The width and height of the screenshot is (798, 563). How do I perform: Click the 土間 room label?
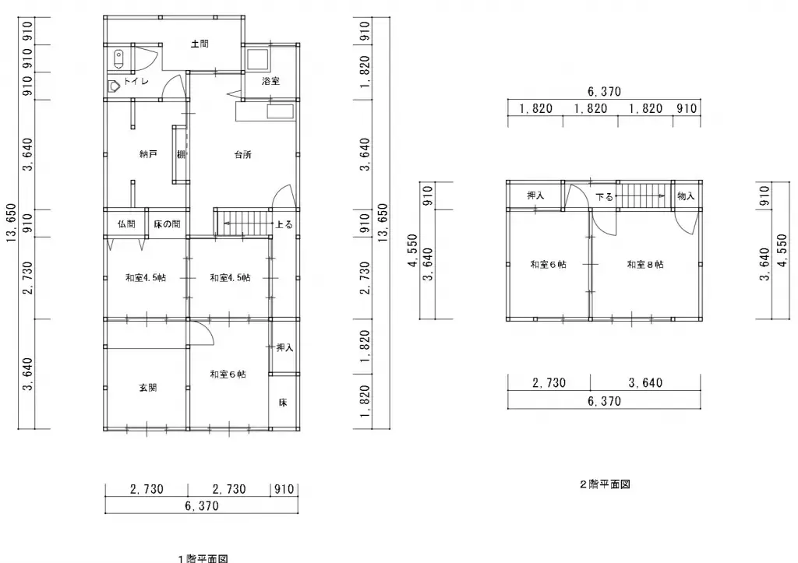coord(199,44)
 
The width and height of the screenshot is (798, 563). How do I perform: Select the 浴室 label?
coord(270,81)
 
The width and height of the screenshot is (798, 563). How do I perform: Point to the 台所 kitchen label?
coord(242,154)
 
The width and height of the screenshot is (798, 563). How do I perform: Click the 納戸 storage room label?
coord(148,154)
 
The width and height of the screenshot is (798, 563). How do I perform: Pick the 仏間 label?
coord(126,224)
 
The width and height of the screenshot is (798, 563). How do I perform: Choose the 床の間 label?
coord(167,224)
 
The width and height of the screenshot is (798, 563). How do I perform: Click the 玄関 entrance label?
coord(148,387)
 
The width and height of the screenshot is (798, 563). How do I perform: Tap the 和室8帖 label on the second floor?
coord(645,265)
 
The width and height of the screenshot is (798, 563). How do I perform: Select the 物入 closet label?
coord(686,196)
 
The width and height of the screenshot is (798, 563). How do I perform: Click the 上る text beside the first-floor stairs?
coord(284,225)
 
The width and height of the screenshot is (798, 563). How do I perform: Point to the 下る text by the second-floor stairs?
coord(605,197)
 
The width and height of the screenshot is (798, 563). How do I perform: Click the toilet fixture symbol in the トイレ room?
coord(118,58)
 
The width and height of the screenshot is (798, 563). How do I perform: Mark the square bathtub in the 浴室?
coord(258,58)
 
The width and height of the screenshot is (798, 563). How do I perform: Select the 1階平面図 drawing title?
coord(202,558)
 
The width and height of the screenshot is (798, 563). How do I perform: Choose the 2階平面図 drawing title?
coord(604,484)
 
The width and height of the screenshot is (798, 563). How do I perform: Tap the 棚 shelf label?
coord(180,154)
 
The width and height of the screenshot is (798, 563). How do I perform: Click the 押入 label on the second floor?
coord(535,196)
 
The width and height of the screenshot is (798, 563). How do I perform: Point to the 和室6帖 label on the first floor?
coord(228,375)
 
